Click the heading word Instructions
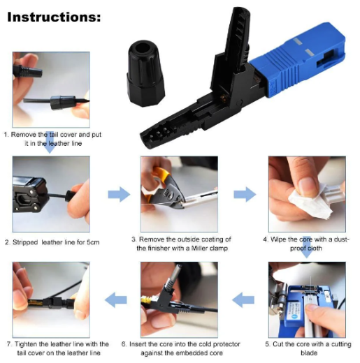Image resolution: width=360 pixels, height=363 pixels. (x=53, y=15)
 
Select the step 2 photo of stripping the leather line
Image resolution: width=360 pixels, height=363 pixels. (x=50, y=195)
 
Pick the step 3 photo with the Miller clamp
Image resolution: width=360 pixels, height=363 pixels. (x=178, y=193)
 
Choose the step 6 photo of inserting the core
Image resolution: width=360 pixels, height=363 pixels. (x=178, y=300)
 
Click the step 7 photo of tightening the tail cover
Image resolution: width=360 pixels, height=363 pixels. (x=50, y=300)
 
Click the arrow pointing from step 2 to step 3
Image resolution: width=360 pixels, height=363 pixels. (x=119, y=194)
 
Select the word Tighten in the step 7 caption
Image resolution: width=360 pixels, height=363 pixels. (x=25, y=344)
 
